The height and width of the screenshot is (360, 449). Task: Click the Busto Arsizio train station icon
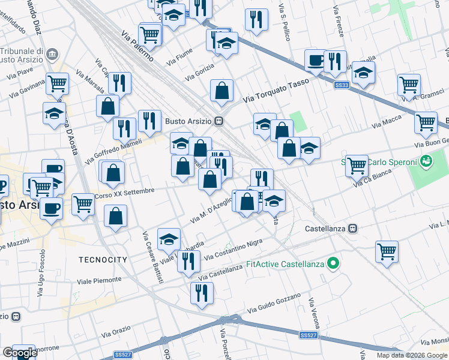click(x=220, y=120)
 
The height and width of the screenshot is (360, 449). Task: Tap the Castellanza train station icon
click(x=354, y=229)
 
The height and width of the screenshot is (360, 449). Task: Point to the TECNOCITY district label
click(x=103, y=260)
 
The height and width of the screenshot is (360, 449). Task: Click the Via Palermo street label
click(x=137, y=46)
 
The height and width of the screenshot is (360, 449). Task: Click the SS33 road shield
click(x=342, y=86)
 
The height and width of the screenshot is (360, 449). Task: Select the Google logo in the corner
click(x=20, y=353)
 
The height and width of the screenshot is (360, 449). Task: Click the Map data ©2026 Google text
click(x=412, y=355)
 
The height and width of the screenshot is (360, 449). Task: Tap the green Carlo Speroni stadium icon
click(x=426, y=161)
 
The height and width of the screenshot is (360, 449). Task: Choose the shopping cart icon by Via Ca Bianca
click(x=357, y=164)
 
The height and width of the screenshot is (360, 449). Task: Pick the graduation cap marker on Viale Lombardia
click(x=169, y=238)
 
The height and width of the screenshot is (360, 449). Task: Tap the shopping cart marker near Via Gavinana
click(x=58, y=83)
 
